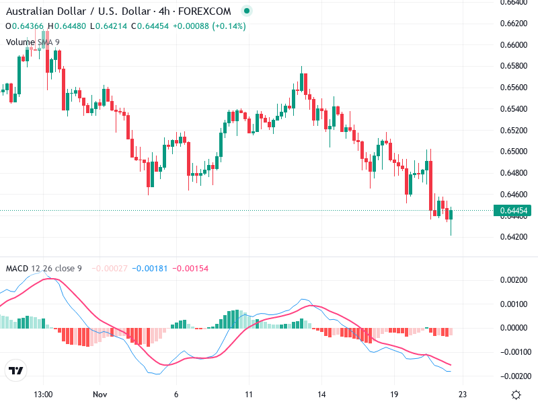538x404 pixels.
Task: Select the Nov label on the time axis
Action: [100, 394]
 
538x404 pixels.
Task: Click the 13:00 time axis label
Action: [43, 394]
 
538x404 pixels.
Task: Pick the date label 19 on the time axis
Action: [395, 394]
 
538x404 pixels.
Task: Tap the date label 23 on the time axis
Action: [462, 394]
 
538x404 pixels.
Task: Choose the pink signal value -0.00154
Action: [190, 269]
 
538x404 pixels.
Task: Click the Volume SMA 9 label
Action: [33, 42]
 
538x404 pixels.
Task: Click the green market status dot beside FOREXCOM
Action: [247, 11]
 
